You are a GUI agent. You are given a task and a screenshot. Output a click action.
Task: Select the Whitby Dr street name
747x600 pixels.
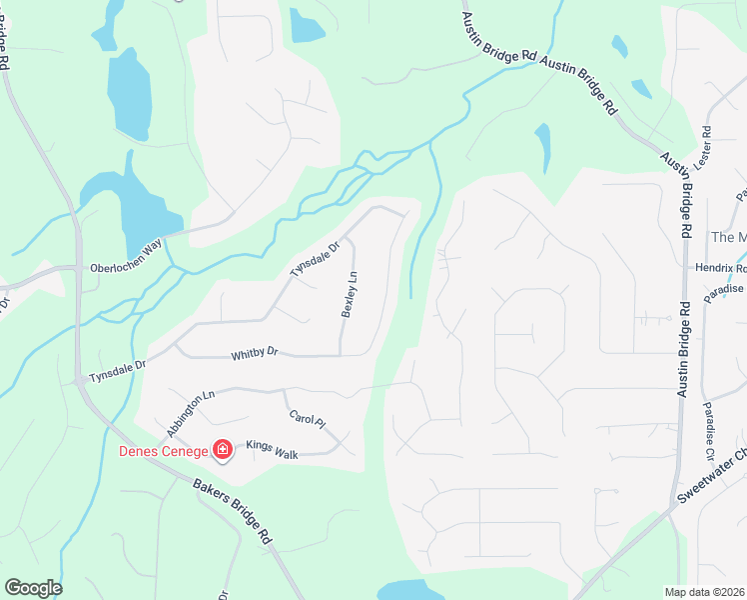click(x=254, y=353)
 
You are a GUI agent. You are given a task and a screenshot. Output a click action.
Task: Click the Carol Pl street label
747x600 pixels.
click(x=308, y=419)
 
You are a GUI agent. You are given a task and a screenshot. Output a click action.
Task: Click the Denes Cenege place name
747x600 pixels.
click(x=163, y=451)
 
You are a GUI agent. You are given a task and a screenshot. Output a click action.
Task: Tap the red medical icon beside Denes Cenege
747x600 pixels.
click(x=222, y=451)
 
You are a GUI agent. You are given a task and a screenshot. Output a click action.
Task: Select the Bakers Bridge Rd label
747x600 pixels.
click(x=232, y=509)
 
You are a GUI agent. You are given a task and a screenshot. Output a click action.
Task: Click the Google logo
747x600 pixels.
click(x=33, y=588)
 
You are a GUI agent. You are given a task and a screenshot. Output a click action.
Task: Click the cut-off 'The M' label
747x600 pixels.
click(x=728, y=237)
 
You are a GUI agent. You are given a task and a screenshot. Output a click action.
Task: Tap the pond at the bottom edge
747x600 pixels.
click(x=409, y=590)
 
